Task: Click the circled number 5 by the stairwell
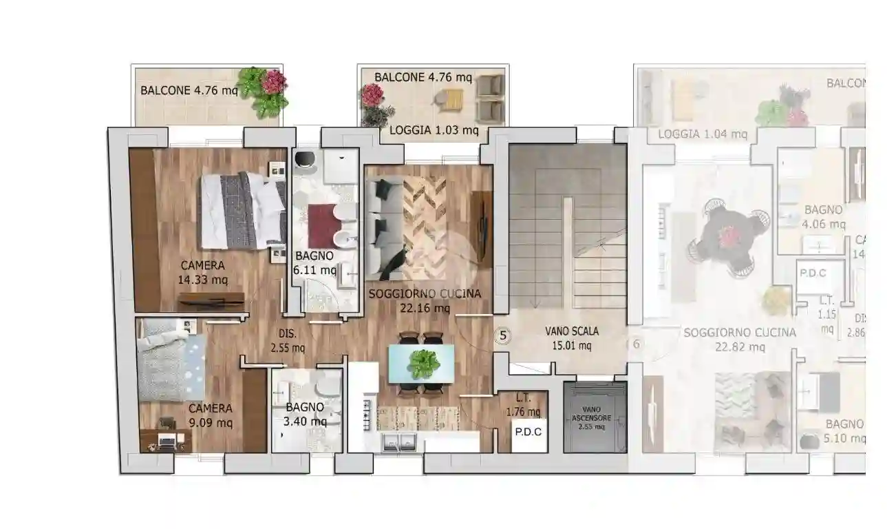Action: coord(503,335)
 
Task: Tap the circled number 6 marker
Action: coord(636,344)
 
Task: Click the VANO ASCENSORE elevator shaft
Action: coord(595,417)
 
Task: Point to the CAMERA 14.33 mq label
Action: coord(202,273)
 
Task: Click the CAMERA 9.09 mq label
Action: coord(211,415)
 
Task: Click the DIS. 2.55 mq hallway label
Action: coord(288,340)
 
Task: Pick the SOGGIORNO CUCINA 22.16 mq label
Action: coord(425,301)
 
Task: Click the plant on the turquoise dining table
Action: coord(423,363)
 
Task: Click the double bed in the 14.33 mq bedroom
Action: coord(242,210)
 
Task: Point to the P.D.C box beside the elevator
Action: coord(528,433)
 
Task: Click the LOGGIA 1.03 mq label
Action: coord(434,129)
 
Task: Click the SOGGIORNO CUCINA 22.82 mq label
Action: coord(740,340)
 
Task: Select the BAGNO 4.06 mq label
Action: coord(823,216)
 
